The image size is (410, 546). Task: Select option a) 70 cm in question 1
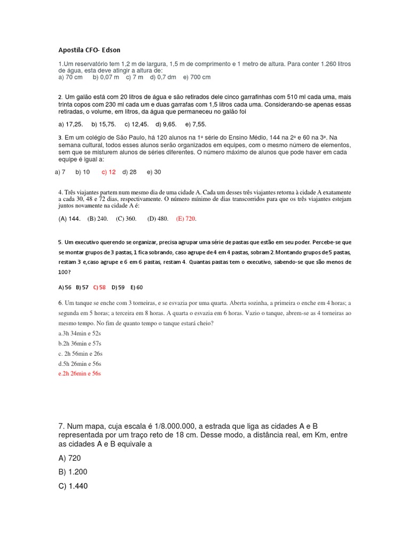click(x=70, y=77)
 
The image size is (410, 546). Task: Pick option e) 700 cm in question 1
click(x=197, y=77)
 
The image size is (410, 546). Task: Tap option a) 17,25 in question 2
click(x=70, y=124)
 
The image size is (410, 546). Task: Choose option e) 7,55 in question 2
click(x=195, y=124)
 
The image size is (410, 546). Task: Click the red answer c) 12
click(x=108, y=172)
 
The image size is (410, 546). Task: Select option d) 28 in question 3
click(x=129, y=172)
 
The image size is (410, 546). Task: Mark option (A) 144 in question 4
click(x=69, y=219)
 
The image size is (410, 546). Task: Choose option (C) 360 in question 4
click(x=126, y=219)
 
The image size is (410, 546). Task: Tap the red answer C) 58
click(x=99, y=287)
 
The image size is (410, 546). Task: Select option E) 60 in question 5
click(x=137, y=287)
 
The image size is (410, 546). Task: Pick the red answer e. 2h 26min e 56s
click(x=80, y=374)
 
